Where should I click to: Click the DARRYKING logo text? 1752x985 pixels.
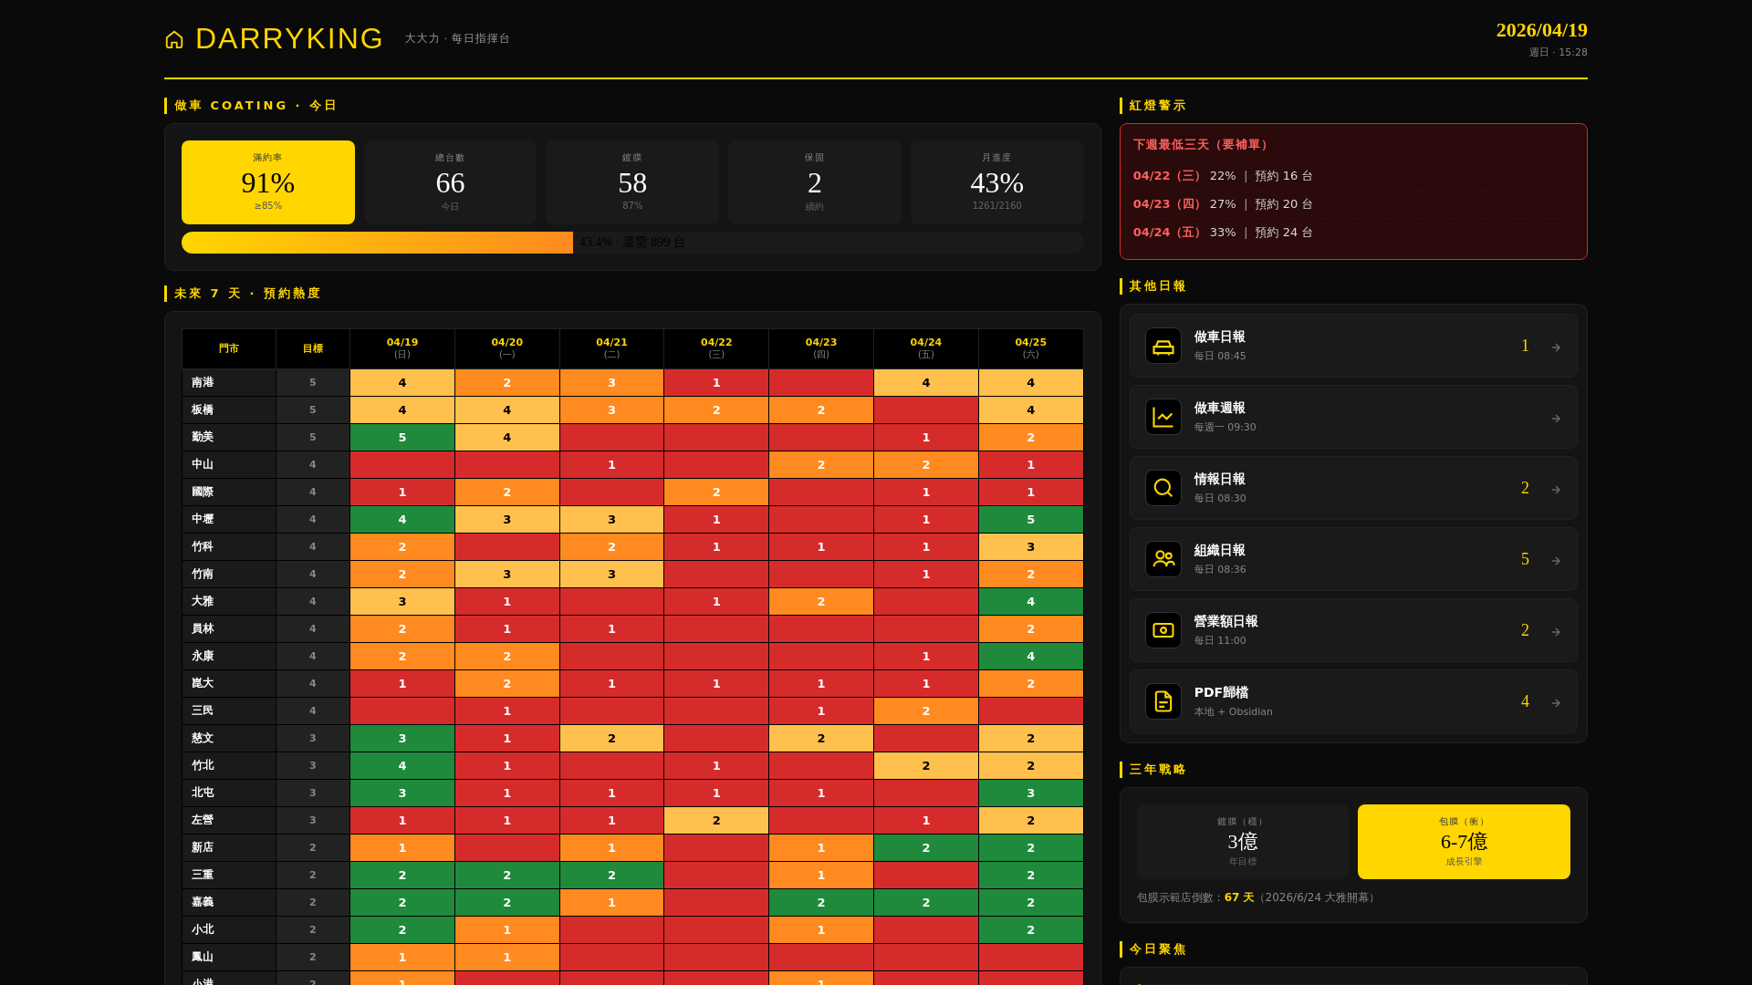(289, 39)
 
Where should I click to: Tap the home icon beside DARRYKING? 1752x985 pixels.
(174, 40)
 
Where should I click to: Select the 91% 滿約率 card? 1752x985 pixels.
(268, 182)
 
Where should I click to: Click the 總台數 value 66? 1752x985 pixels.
(450, 183)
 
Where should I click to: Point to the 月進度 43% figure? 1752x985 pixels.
(996, 183)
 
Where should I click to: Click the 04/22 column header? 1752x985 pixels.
(716, 347)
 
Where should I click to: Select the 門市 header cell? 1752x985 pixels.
(229, 348)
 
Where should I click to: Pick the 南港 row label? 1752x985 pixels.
(203, 382)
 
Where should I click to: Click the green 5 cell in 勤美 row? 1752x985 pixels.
(402, 437)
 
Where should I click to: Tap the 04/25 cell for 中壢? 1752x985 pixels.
(1030, 519)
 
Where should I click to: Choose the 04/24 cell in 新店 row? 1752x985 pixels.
(925, 847)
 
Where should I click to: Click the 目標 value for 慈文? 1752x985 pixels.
(312, 738)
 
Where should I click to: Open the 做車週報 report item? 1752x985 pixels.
(1352, 417)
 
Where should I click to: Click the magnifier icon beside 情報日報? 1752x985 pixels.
(1163, 488)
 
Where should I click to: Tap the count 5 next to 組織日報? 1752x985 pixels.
(1525, 559)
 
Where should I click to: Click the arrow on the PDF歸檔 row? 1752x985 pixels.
(1556, 702)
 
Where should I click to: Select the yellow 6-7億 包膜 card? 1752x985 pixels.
(1463, 841)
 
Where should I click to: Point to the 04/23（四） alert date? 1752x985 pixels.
(1167, 204)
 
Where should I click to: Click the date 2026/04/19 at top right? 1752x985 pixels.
(1541, 30)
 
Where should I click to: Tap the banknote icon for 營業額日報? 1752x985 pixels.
(1163, 630)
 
